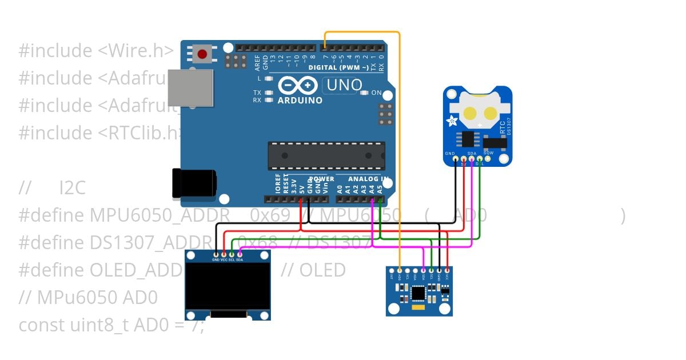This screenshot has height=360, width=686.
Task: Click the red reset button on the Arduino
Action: click(202, 54)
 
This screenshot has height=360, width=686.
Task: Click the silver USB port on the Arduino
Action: click(190, 87)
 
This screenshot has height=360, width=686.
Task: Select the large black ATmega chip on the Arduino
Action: click(326, 156)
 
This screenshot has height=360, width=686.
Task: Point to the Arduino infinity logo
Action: click(298, 86)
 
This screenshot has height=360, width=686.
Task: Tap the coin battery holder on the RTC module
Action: click(478, 111)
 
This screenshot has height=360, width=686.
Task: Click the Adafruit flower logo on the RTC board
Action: click(452, 121)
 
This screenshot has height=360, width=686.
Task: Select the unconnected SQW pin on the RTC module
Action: click(488, 159)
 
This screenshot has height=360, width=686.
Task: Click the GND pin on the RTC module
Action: click(456, 159)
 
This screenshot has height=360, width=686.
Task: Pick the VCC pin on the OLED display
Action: click(224, 254)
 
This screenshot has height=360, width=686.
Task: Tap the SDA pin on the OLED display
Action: click(240, 254)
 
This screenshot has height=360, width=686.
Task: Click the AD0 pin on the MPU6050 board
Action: click(399, 270)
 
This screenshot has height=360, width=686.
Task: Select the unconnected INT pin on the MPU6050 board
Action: click(391, 270)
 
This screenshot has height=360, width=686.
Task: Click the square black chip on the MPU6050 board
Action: click(418, 294)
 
